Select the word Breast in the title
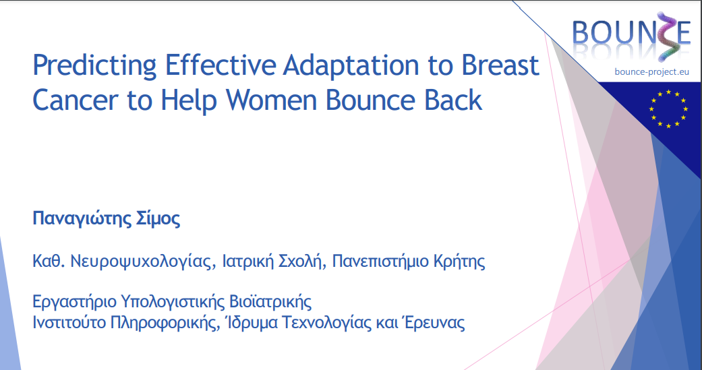pos(500,67)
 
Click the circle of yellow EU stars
pos(668,109)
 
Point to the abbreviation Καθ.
pos(45,261)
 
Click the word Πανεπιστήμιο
pos(374,261)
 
